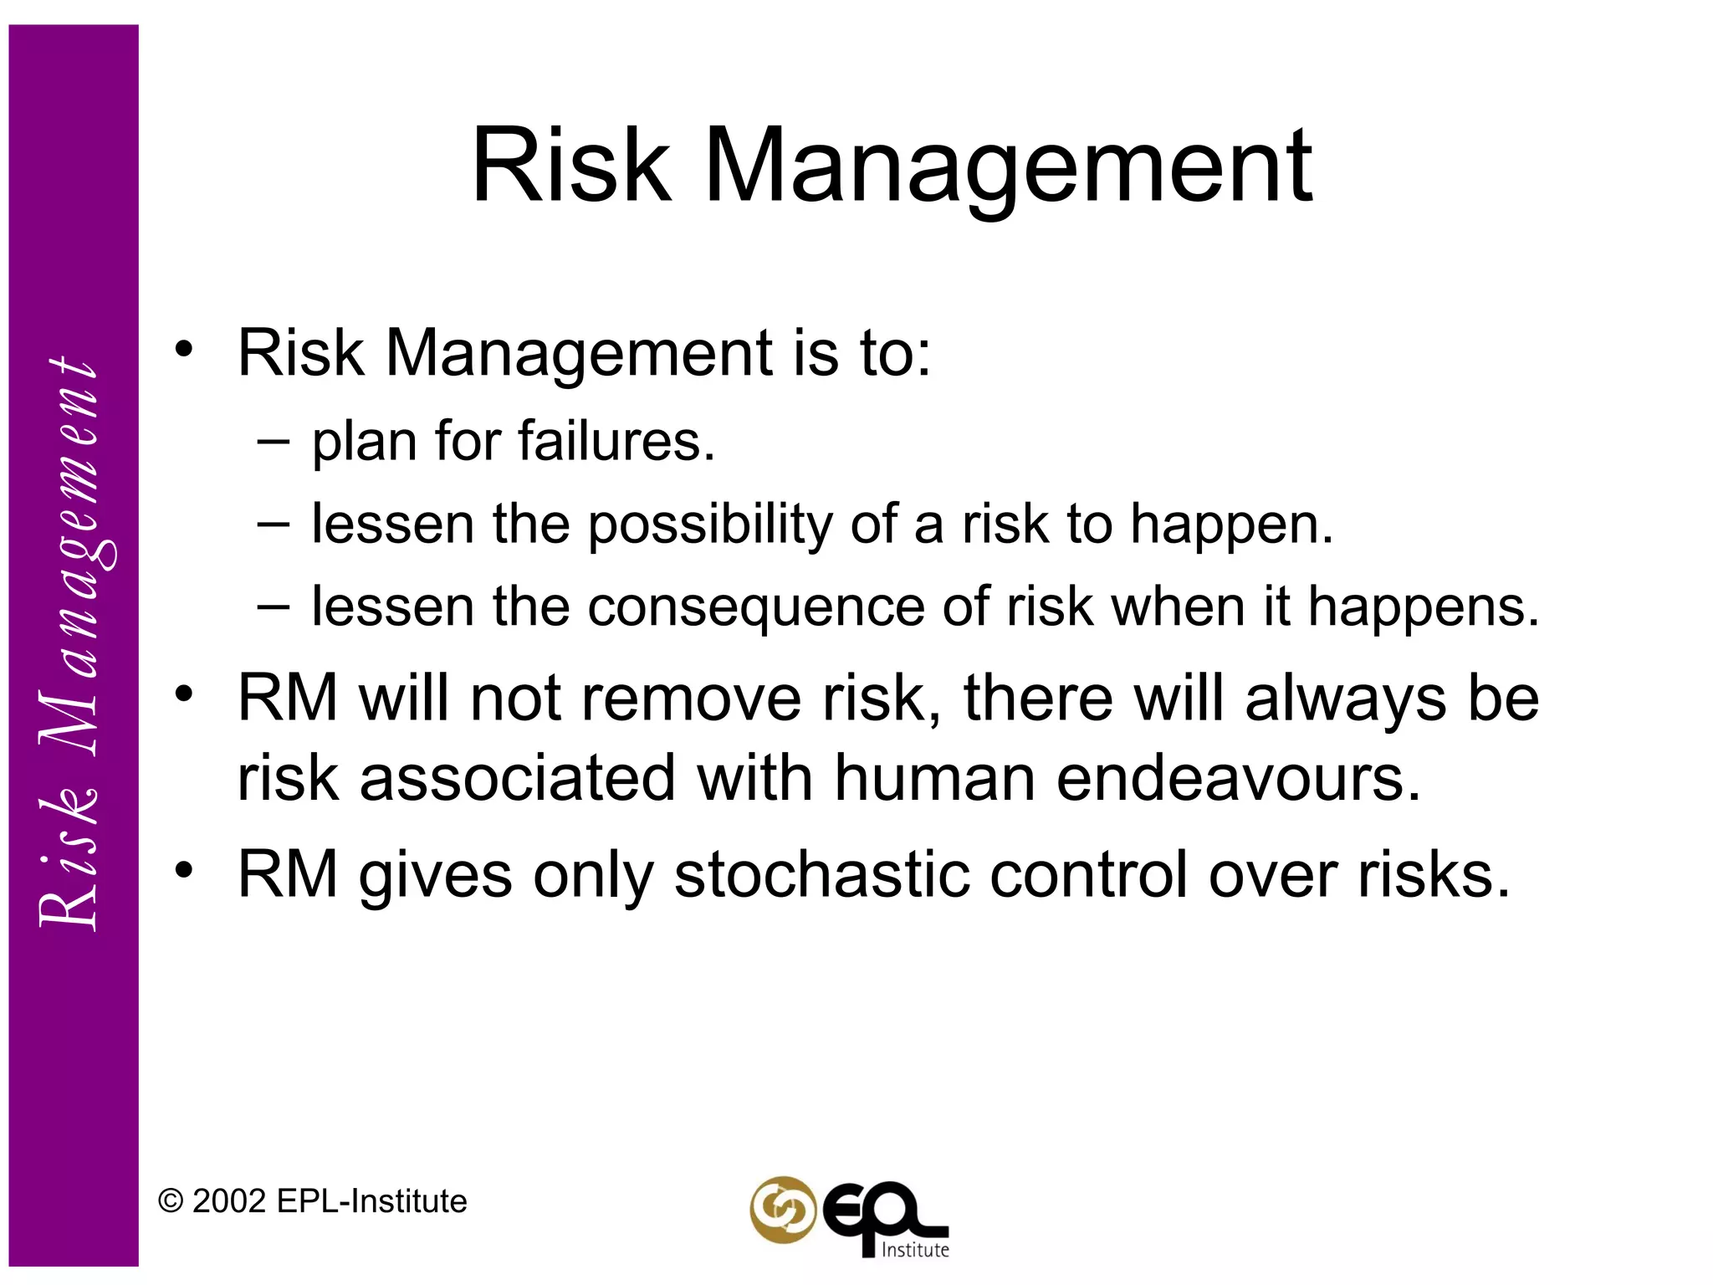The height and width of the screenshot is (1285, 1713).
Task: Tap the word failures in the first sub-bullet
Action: (616, 441)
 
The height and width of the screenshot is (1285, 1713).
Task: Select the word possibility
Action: (710, 525)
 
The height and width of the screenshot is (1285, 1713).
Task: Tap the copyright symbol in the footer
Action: (171, 1202)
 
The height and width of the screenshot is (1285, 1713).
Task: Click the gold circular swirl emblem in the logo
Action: (783, 1210)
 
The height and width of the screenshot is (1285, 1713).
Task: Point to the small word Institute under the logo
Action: (915, 1250)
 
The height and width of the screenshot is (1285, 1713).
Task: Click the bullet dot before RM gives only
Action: (184, 870)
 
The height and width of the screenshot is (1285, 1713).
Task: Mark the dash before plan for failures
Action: (274, 441)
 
